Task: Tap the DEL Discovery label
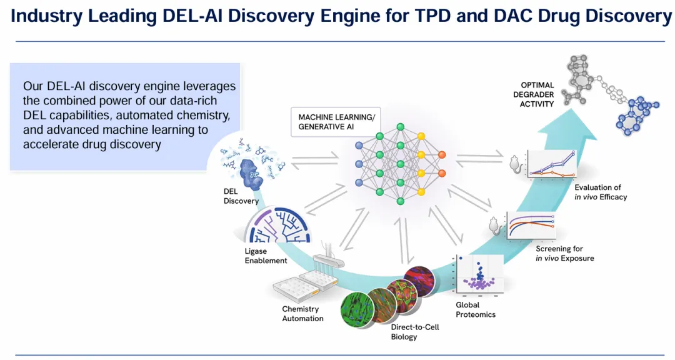pos(241,196)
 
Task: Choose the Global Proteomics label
pos(476,310)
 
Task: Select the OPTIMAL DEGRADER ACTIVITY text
pos(537,94)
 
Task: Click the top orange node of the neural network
pos(442,154)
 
